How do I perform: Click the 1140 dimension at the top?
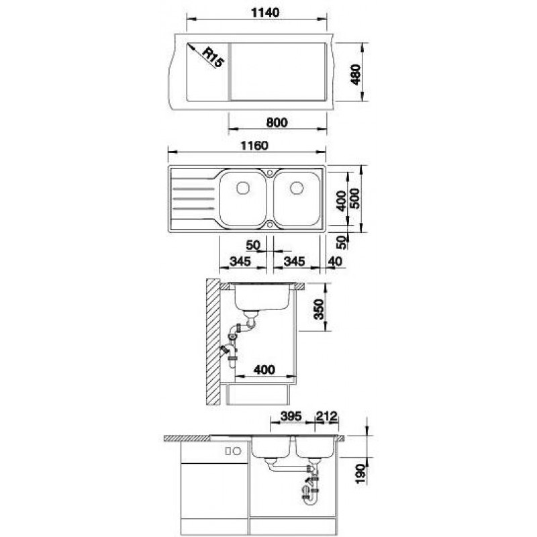[265, 13]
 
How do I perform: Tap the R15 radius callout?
[213, 58]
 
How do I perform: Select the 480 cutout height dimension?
[356, 75]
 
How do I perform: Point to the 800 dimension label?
[277, 123]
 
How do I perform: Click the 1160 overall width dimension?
[254, 146]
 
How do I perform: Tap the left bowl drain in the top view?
[243, 188]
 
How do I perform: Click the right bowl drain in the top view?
[297, 188]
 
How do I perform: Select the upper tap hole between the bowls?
[270, 173]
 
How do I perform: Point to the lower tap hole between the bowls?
[270, 225]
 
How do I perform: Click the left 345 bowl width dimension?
[240, 262]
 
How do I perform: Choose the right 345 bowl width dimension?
[294, 262]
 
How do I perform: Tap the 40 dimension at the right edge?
[335, 262]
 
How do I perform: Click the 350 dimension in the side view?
[319, 309]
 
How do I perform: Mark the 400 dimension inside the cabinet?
[264, 370]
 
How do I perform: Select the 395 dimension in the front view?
[291, 416]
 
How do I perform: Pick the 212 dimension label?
[327, 416]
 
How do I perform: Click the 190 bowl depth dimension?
[361, 474]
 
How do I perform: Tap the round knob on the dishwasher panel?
[237, 451]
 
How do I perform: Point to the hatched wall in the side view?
[213, 342]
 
